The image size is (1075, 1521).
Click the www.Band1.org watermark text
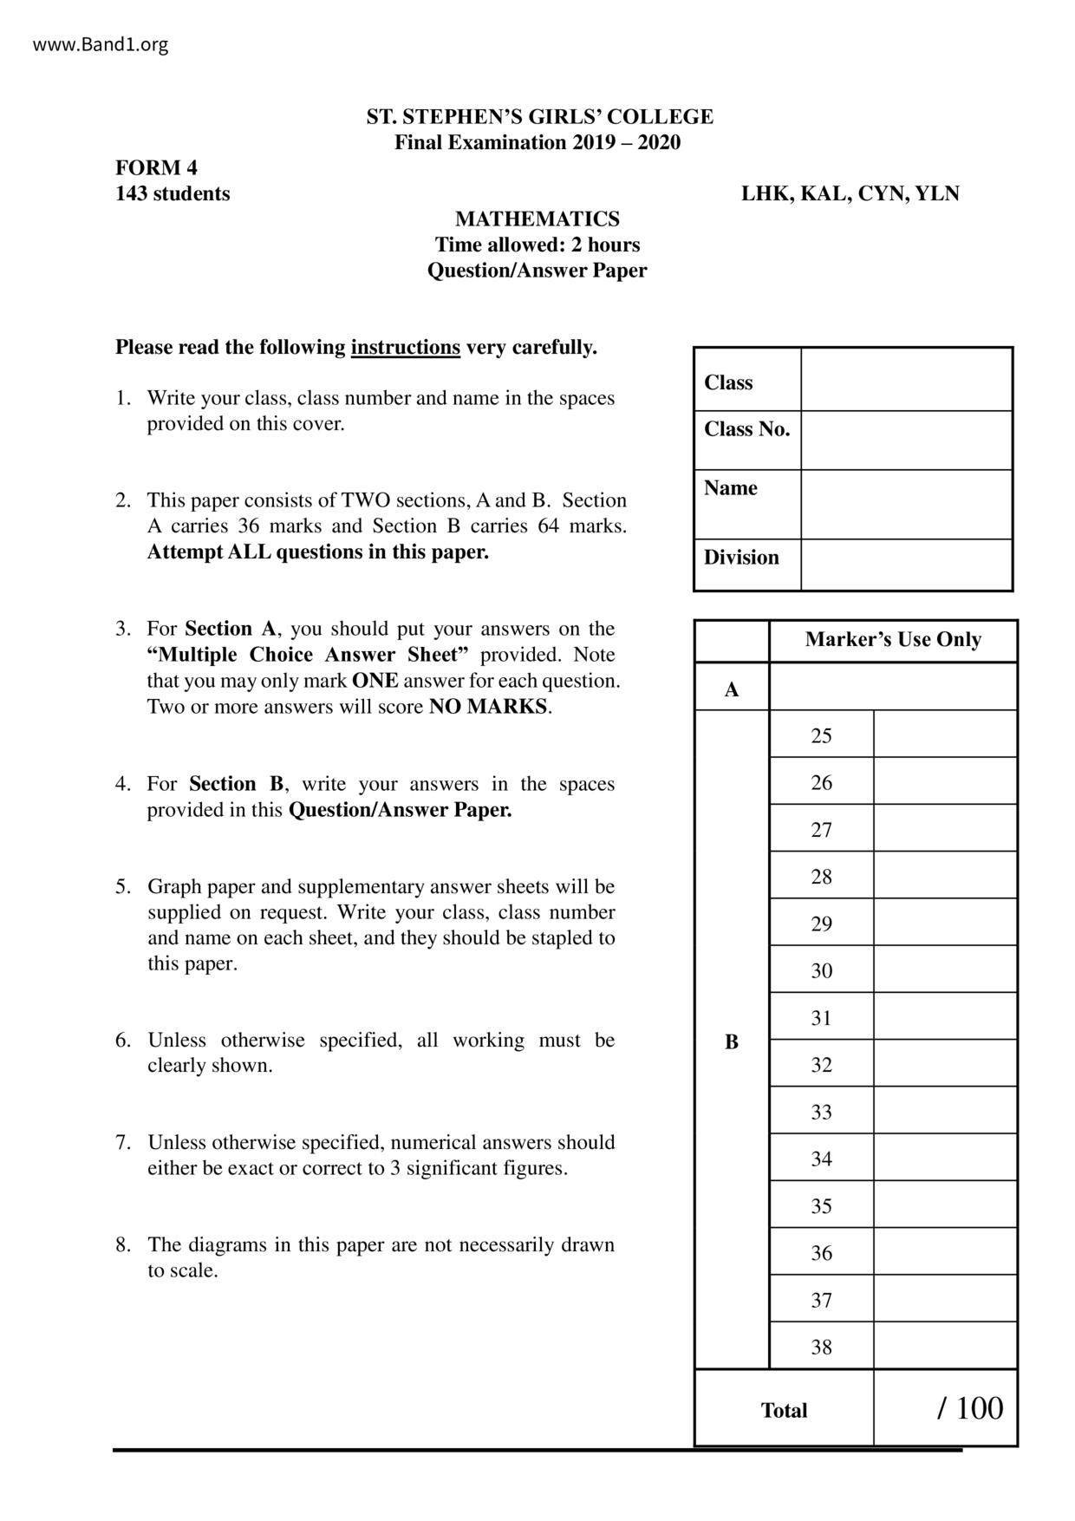[101, 45]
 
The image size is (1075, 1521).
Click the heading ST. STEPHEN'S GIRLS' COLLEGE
[539, 117]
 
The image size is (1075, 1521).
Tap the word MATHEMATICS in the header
[537, 219]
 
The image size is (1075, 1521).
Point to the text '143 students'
[173, 193]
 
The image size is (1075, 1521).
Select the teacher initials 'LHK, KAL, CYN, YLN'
[850, 193]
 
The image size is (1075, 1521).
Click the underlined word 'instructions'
[405, 348]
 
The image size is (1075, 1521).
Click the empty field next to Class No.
[906, 440]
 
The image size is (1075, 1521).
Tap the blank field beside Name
[906, 504]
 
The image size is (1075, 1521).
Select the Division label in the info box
[741, 558]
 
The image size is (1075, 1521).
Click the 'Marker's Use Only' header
[893, 640]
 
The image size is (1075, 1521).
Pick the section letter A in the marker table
[732, 689]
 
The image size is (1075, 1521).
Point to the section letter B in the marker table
[732, 1041]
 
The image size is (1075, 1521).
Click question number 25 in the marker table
[821, 736]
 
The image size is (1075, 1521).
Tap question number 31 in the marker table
[821, 1018]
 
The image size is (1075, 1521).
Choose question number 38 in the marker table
[821, 1347]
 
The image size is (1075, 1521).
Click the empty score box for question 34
[945, 1159]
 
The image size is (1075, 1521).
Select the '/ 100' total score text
[969, 1408]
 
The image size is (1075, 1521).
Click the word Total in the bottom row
[784, 1411]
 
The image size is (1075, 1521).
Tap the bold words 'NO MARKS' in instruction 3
[489, 707]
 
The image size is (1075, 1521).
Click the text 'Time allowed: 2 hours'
[537, 245]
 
